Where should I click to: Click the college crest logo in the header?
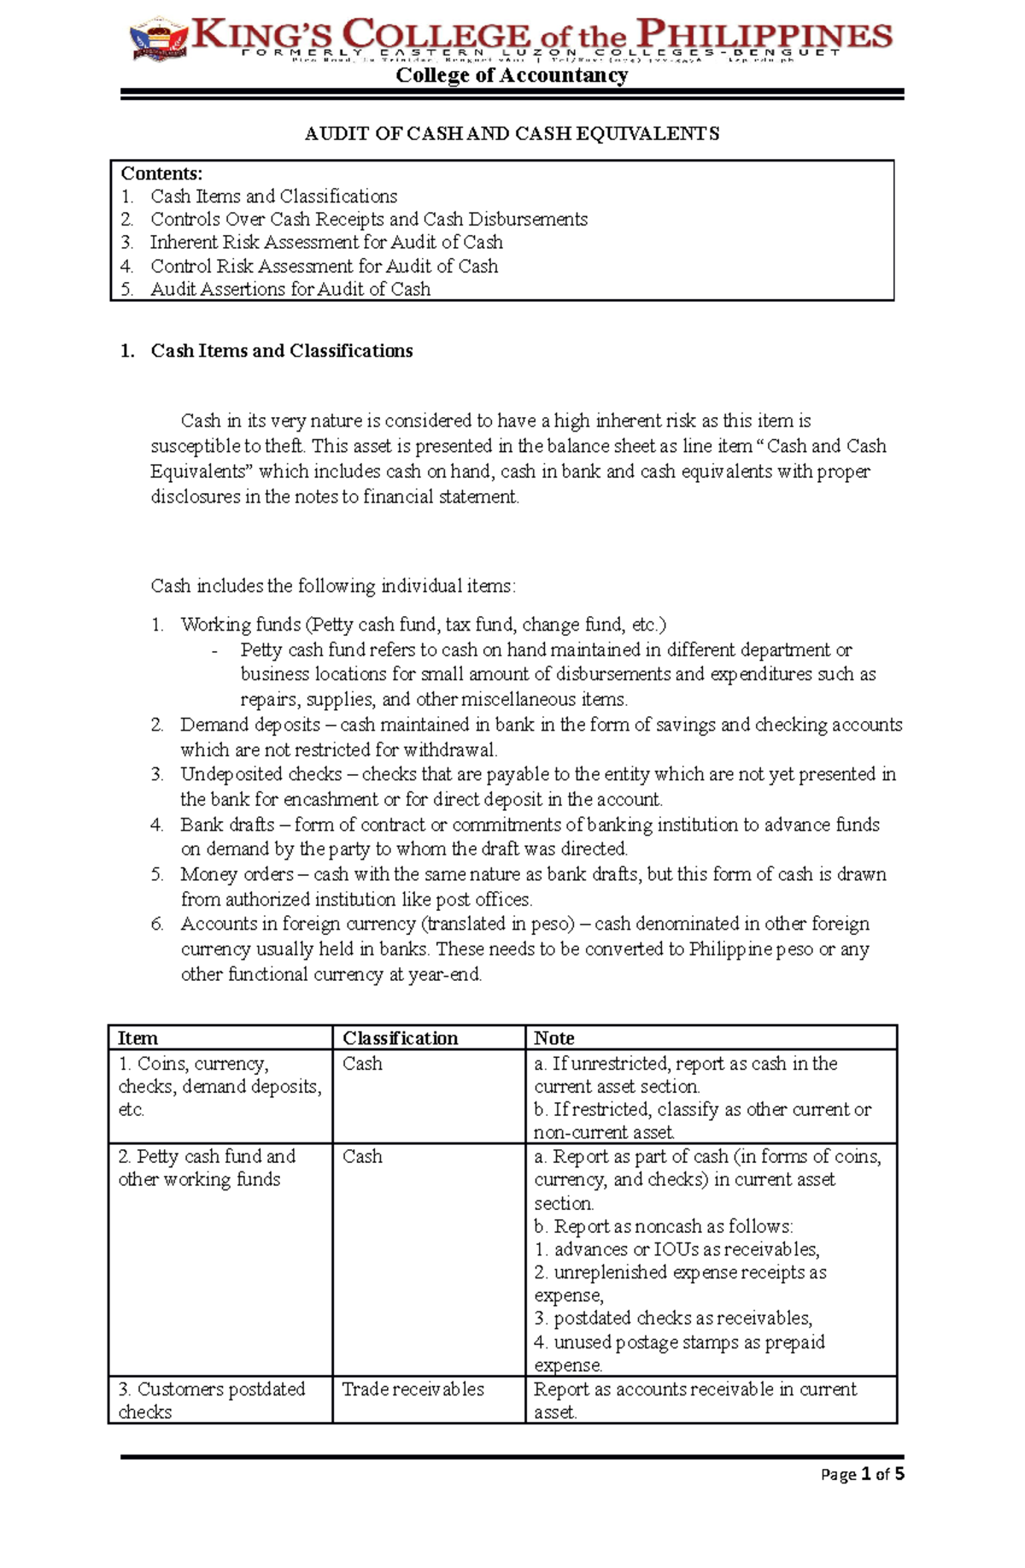point(158,40)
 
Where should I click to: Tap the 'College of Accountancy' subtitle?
point(512,76)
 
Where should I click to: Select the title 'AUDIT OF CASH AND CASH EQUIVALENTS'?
point(512,133)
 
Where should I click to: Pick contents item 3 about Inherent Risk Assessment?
point(326,243)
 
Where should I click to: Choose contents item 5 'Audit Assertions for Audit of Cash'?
point(290,289)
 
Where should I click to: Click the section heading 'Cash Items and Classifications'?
point(281,350)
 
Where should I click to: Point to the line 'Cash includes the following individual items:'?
point(333,586)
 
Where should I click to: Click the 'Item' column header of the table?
point(138,1038)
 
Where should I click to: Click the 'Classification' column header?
point(400,1038)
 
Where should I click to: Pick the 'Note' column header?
point(553,1038)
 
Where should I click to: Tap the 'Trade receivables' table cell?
point(413,1389)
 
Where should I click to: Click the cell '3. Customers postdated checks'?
point(211,1400)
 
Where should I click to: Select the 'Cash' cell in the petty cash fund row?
point(362,1156)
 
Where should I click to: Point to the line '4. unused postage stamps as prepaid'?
point(680,1342)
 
